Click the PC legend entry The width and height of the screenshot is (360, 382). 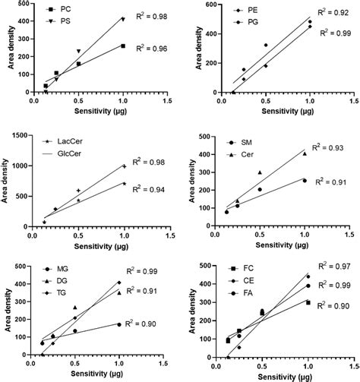(61, 8)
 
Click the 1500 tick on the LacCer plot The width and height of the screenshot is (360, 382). (23, 137)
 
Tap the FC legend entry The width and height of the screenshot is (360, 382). (247, 270)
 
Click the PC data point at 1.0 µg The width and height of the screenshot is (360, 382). (123, 46)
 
